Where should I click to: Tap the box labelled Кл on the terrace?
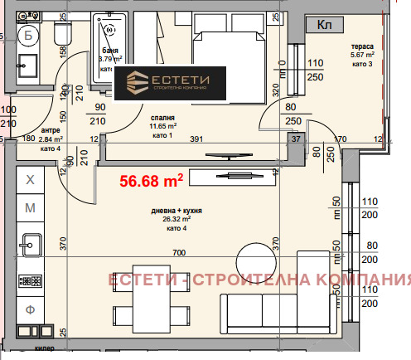coord(326,26)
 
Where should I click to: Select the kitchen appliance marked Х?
coord(31,179)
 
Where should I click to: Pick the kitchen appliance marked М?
coord(31,207)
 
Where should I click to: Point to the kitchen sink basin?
coord(30,245)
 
